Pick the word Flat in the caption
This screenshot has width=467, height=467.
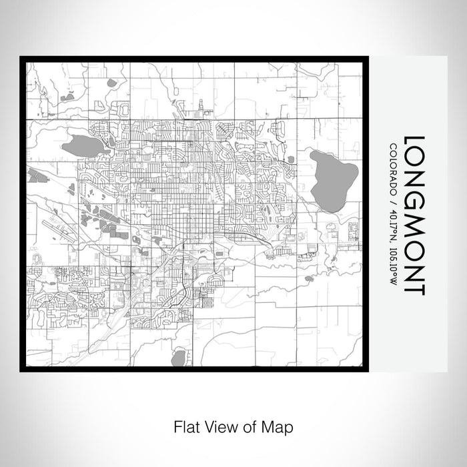pyautogui.click(x=185, y=426)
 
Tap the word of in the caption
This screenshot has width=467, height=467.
pyautogui.click(x=251, y=426)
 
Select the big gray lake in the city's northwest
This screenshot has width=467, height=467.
pyautogui.click(x=82, y=145)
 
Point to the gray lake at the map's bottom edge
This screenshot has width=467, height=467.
pyautogui.click(x=178, y=359)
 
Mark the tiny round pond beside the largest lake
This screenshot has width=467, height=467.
pyautogui.click(x=291, y=159)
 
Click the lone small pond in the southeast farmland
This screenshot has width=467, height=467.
pyautogui.click(x=309, y=278)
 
